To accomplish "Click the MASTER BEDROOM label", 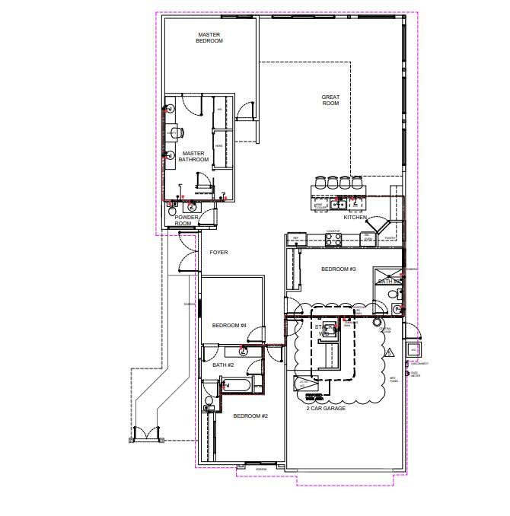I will [x=209, y=37].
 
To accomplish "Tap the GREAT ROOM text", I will [x=330, y=100].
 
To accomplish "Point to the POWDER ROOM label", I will [x=186, y=220].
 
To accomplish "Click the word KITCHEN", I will [x=355, y=218].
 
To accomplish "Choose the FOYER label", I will [x=218, y=252].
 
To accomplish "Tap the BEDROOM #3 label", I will [x=338, y=269].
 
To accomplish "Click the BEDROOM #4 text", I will [x=229, y=325].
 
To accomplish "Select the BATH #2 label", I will [x=223, y=365].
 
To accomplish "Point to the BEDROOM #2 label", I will [x=250, y=416].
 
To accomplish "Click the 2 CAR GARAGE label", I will [x=326, y=409].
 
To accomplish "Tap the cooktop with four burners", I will [x=333, y=238].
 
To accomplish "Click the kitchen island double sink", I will [x=339, y=203].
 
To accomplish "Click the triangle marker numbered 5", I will [x=388, y=352].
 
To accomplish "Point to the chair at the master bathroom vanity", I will [x=180, y=132].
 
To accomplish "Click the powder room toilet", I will [x=192, y=205].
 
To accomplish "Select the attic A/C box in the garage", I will [x=304, y=384].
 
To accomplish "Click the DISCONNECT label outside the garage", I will [x=419, y=364].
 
